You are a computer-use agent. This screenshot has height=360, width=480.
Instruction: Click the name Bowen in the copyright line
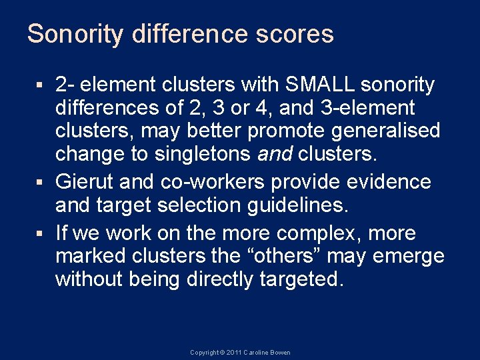(x=280, y=353)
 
